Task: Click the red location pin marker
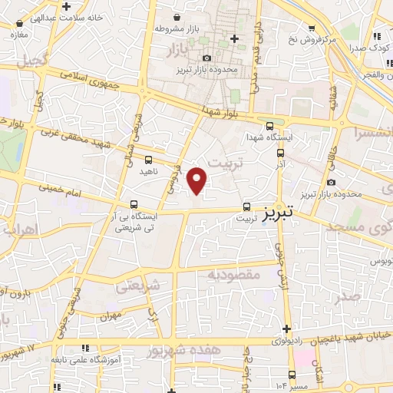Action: point(198,180)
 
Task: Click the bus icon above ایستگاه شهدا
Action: point(269,127)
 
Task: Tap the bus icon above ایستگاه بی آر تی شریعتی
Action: point(135,204)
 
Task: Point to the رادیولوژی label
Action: point(295,339)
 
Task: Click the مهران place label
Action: point(111,315)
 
